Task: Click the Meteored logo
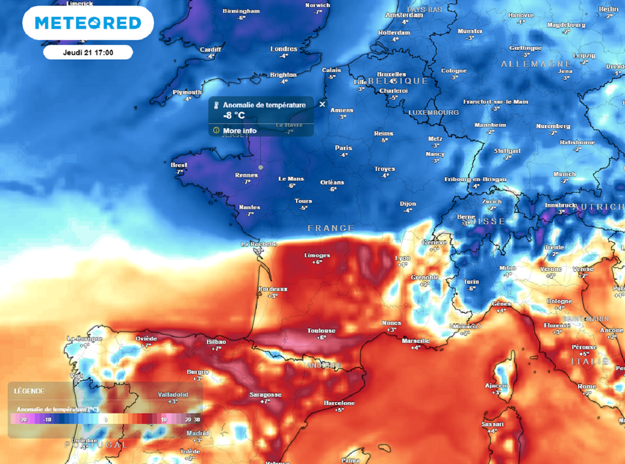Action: tap(88, 23)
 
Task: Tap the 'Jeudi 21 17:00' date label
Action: tap(88, 53)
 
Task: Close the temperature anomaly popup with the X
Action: tap(322, 104)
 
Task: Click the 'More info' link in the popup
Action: tap(239, 131)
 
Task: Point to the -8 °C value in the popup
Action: tap(235, 115)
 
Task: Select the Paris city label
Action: tap(344, 148)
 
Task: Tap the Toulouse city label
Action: tap(321, 330)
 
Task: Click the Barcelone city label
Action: tap(339, 403)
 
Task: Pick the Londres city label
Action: tap(283, 49)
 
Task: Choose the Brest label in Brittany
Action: tap(179, 165)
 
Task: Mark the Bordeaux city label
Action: tap(273, 289)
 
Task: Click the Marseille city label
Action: tap(416, 341)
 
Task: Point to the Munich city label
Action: tap(564, 175)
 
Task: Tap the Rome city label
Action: tap(587, 386)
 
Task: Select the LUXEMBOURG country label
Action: tap(433, 113)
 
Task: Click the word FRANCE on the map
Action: tap(330, 228)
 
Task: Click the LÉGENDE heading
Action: tap(29, 391)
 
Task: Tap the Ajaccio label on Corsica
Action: tap(496, 386)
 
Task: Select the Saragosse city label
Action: tap(266, 394)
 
